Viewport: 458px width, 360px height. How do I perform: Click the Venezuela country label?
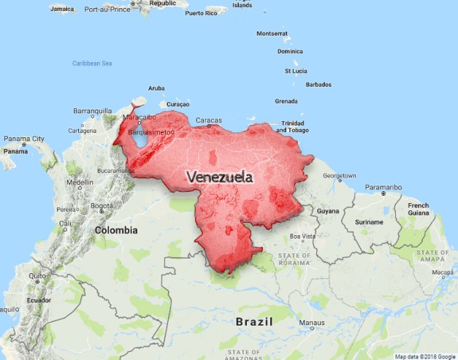[220, 177]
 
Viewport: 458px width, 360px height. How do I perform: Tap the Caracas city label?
[208, 120]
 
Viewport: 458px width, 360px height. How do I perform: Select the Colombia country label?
[115, 230]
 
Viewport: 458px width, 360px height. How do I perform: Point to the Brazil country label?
[254, 321]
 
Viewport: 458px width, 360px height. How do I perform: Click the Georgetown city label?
[340, 176]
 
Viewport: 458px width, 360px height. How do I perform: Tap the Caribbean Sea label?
[92, 64]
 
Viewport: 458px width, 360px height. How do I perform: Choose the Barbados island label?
[318, 85]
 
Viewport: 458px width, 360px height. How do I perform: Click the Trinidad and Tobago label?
[293, 127]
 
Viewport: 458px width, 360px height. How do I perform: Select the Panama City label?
[24, 139]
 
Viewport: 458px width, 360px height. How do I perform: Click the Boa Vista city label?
[302, 236]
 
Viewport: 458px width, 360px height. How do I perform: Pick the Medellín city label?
[80, 183]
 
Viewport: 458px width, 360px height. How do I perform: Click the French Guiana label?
[419, 210]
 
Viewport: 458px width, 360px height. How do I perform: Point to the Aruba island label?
[156, 88]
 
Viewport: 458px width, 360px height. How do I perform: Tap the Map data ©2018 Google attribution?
[425, 356]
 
